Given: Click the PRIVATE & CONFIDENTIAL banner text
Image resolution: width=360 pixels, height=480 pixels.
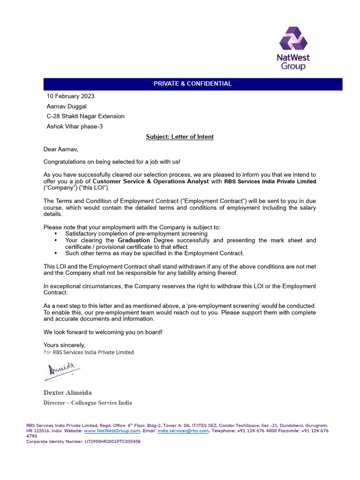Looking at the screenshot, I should [193, 84].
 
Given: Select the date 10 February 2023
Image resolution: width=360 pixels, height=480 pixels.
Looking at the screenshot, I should [70, 96].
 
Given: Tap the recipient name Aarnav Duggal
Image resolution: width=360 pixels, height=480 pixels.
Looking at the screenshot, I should [67, 106].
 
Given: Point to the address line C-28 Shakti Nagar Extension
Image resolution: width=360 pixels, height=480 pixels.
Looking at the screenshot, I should [85, 116].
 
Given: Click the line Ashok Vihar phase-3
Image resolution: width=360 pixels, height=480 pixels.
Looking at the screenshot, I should [74, 126].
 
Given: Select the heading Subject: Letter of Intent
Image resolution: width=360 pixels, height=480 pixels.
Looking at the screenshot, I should [180, 137].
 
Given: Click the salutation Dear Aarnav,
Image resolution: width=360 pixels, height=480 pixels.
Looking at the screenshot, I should [61, 150].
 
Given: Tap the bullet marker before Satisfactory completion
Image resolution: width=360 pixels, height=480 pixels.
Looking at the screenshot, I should [56, 233].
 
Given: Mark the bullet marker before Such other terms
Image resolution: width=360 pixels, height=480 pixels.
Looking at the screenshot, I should [56, 254].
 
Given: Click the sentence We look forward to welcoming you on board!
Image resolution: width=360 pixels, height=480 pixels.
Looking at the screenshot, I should [103, 332].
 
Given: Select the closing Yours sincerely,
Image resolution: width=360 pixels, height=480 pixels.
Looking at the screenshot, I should [64, 345].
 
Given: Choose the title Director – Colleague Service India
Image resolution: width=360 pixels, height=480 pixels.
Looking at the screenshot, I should [88, 403].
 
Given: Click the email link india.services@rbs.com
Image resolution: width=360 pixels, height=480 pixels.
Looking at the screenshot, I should [183, 431].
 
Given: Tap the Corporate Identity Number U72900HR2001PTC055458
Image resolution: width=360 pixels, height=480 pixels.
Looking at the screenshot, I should [83, 442].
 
